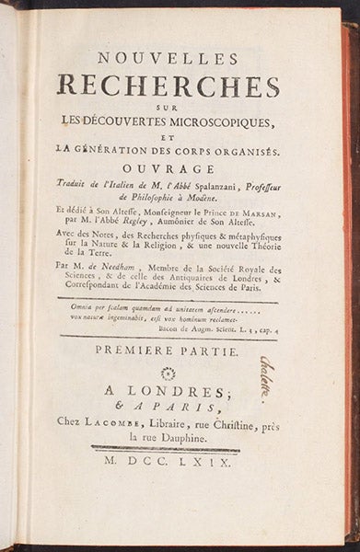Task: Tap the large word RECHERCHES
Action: click(x=168, y=86)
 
